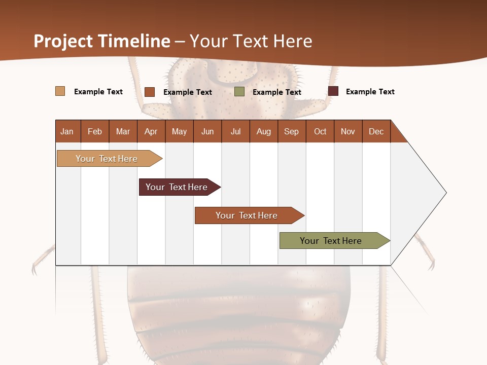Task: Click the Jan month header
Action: pos(67,131)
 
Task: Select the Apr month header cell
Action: pos(151,131)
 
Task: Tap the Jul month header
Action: pos(235,131)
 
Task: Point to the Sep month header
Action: pos(291,131)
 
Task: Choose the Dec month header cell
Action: pos(376,131)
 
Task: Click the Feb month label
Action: pos(95,131)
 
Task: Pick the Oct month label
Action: pos(320,131)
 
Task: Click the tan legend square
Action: pos(60,91)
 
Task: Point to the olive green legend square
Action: pos(239,91)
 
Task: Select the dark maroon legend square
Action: pos(333,91)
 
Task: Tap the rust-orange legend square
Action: pos(150,92)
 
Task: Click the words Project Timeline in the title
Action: pos(102,41)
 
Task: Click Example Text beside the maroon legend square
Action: pos(370,92)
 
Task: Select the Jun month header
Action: pos(207,131)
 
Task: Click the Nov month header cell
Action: pos(348,131)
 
